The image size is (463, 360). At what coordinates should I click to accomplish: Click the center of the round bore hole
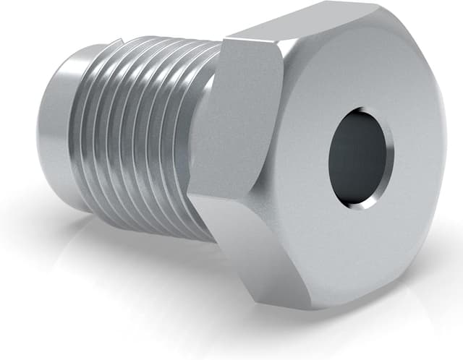[x=360, y=158]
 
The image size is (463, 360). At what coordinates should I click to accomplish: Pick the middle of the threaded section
[x=145, y=134]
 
